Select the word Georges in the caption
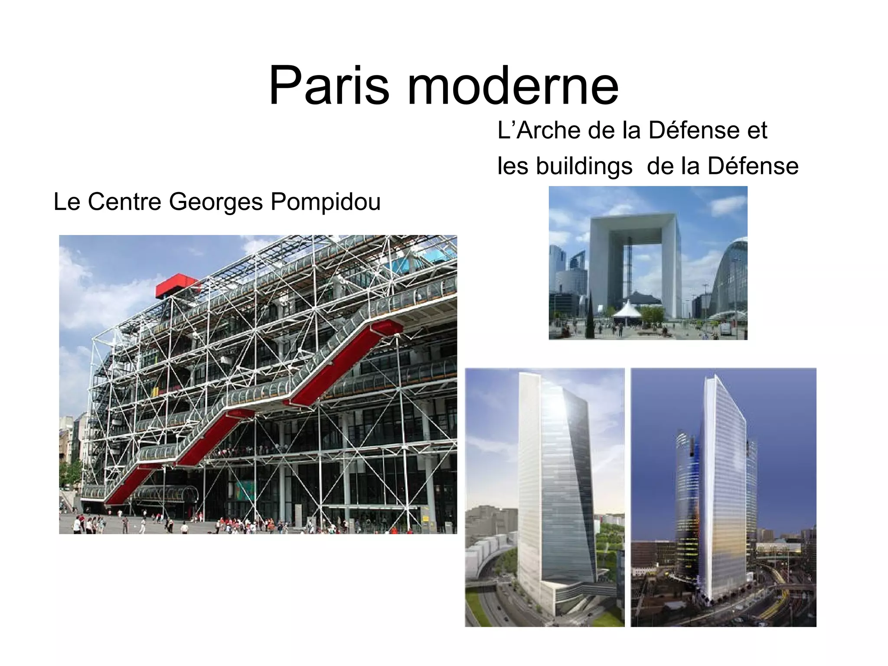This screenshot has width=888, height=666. click(x=215, y=202)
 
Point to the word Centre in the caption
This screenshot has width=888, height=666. click(x=124, y=202)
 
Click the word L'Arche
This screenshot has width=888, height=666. click(x=538, y=130)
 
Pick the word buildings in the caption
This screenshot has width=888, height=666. click(x=584, y=166)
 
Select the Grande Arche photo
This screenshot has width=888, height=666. click(x=648, y=263)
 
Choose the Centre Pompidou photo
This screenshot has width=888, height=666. click(x=258, y=384)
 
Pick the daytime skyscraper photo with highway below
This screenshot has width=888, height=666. click(x=545, y=497)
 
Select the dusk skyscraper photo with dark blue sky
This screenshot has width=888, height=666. click(x=723, y=497)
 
